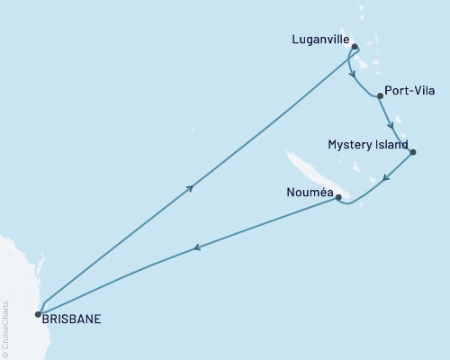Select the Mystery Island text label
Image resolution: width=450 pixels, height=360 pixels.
point(368,145)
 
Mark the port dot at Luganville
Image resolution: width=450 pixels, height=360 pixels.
point(355,47)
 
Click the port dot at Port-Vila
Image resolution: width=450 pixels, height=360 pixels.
point(381,95)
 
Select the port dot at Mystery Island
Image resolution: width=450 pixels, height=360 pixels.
point(412,152)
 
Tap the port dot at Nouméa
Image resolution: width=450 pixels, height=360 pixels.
point(338,197)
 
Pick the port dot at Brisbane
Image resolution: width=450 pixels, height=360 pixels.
point(38,314)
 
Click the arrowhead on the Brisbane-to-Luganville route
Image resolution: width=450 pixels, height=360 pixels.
point(190,187)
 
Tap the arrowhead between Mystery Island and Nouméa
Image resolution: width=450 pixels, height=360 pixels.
point(385,177)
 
